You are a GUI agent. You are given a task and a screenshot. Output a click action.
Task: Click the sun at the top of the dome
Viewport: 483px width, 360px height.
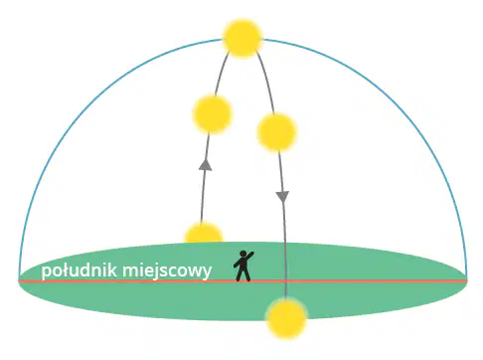click(x=242, y=39)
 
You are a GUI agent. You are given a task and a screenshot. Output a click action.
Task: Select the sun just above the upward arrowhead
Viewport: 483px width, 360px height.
click(x=212, y=114)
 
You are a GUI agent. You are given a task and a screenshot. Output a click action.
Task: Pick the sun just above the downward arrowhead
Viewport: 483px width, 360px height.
click(x=276, y=132)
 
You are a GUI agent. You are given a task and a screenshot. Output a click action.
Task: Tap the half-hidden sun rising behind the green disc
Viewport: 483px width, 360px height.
click(x=203, y=232)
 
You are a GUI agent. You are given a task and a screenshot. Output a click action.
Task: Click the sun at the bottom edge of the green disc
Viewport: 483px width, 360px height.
click(x=286, y=318)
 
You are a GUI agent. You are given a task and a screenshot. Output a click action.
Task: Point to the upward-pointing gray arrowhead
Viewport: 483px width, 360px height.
click(x=206, y=165)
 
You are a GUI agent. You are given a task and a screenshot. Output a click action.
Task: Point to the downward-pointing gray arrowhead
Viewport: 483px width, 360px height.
click(x=282, y=197)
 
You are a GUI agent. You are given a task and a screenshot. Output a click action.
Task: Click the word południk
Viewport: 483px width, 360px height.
click(x=80, y=270)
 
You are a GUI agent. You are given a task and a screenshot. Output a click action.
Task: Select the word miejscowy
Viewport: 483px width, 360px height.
click(x=167, y=271)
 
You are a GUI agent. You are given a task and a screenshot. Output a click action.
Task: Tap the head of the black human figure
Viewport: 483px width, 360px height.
click(x=243, y=254)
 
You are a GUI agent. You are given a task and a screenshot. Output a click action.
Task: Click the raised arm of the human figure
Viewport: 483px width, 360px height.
click(x=250, y=256)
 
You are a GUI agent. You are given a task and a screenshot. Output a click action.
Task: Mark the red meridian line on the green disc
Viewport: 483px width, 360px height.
click(x=242, y=281)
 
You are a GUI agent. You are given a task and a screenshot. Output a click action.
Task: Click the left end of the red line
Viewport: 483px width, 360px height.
click(x=19, y=281)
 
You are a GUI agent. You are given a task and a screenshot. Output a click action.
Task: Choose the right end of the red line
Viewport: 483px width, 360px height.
click(x=467, y=281)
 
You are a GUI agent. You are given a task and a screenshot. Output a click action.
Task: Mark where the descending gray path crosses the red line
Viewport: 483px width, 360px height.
click(x=285, y=281)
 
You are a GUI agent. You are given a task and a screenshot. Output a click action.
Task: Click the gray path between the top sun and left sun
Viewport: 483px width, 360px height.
click(x=221, y=73)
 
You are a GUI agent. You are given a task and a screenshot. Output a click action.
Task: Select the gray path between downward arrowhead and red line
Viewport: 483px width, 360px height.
click(x=284, y=242)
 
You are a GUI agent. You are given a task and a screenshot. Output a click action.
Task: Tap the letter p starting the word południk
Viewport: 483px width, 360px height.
click(x=46, y=272)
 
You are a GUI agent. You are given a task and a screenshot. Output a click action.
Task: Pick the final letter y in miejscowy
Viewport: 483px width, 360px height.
click(x=208, y=273)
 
